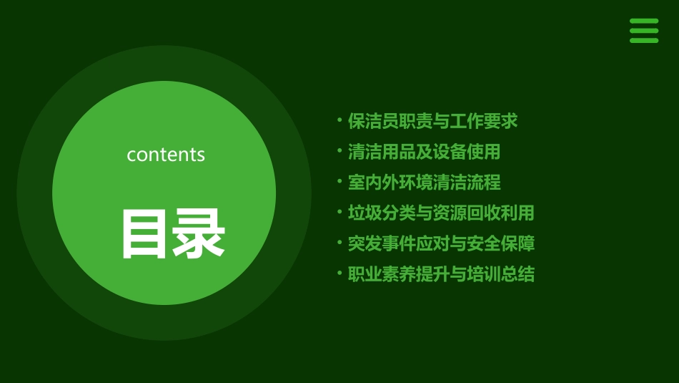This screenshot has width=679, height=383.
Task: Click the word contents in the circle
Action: point(166,155)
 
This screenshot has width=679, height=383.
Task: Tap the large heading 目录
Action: point(172,233)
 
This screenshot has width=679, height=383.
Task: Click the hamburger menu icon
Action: point(644,31)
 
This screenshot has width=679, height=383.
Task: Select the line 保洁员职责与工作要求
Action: point(432,121)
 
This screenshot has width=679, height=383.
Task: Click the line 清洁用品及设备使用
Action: point(424,152)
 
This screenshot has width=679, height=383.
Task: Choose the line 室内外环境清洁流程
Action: point(424,183)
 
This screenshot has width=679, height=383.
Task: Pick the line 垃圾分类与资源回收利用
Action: point(441,213)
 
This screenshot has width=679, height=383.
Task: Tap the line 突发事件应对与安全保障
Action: point(441,243)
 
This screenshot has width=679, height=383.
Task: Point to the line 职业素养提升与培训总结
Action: point(441,274)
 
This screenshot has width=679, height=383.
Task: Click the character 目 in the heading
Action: point(145,233)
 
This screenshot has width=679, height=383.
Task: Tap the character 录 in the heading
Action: point(199,233)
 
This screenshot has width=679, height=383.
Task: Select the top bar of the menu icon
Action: point(644,21)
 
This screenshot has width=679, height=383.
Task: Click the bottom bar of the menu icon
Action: point(644,40)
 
